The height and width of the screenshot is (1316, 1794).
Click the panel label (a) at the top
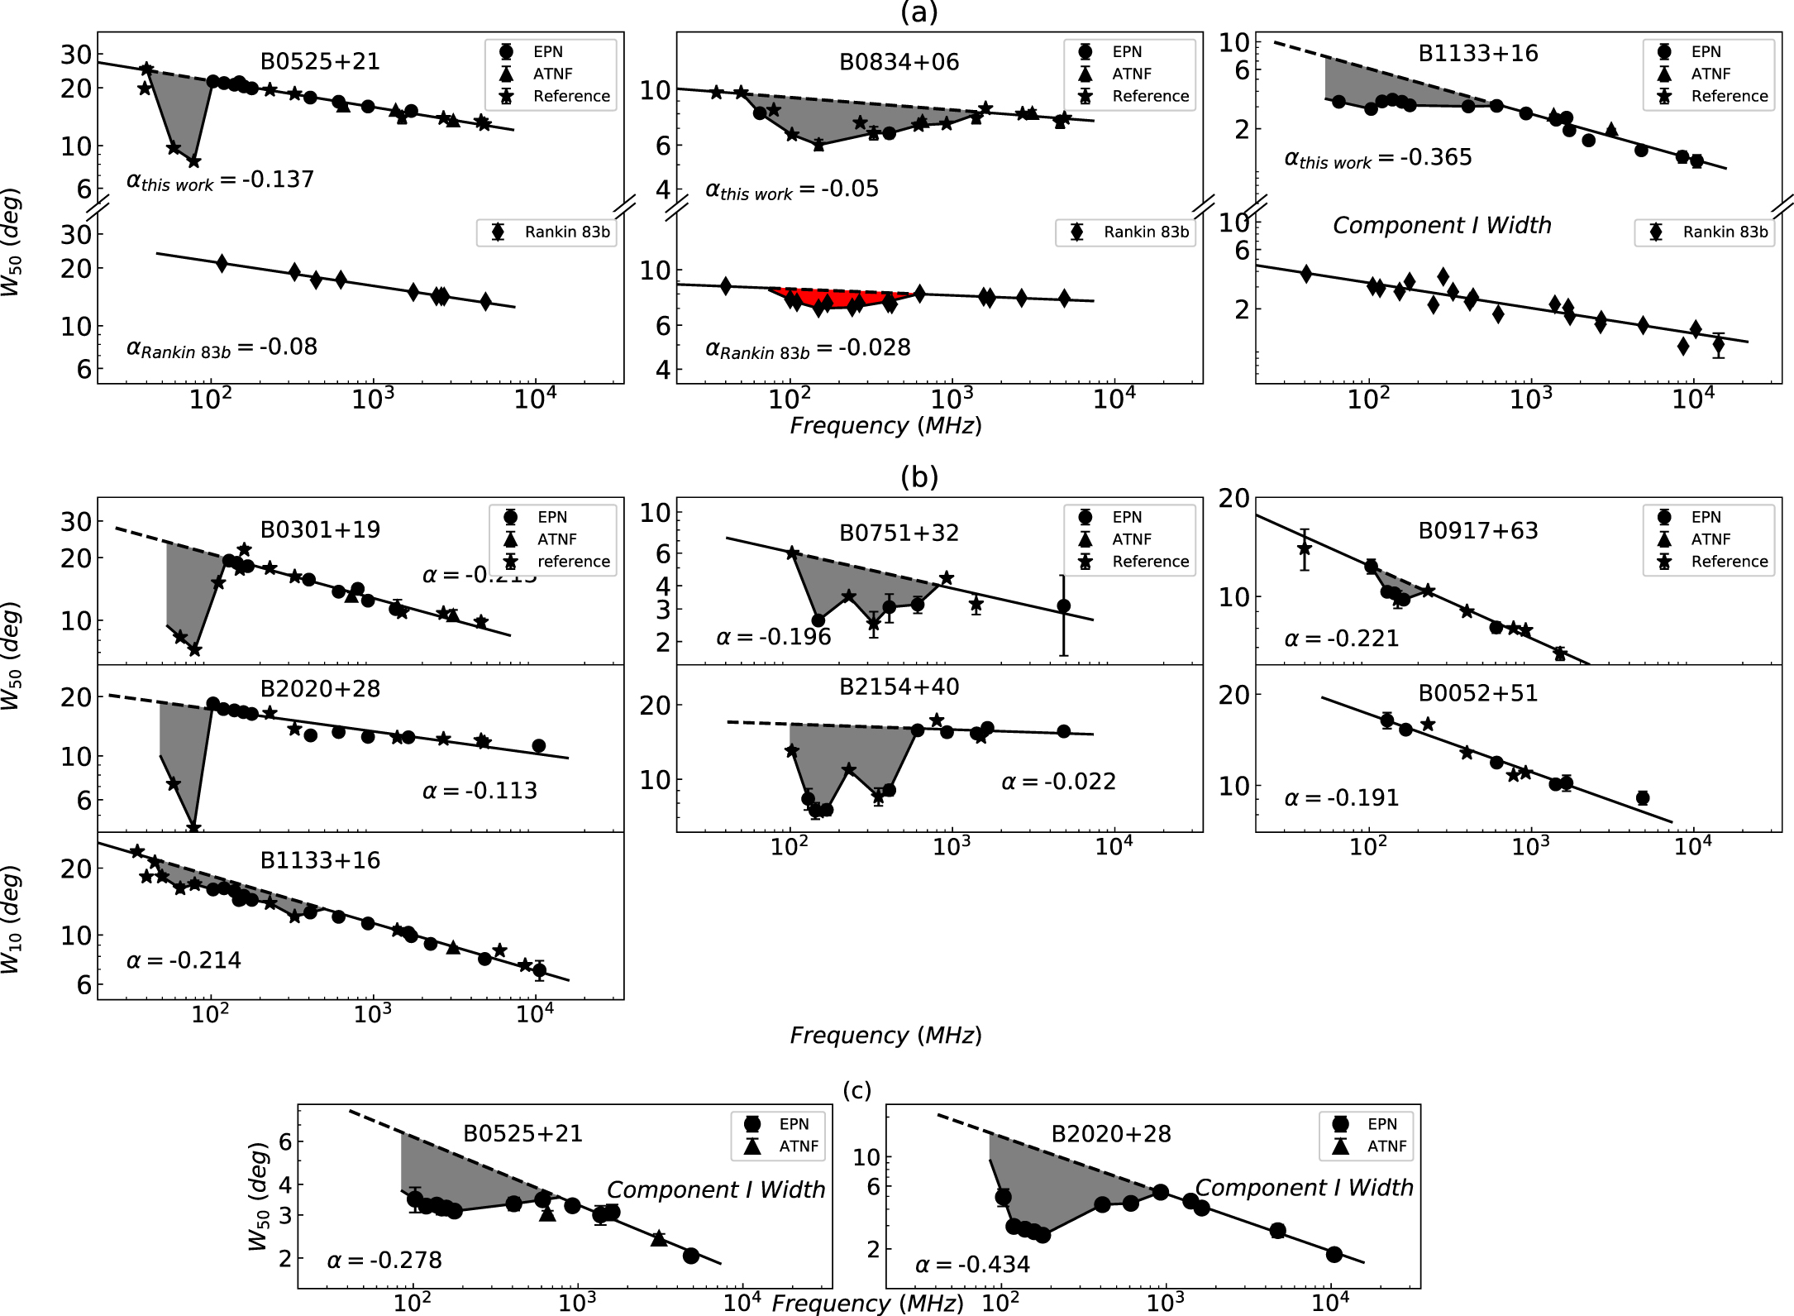click(x=918, y=12)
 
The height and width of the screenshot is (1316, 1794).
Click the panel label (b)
click(x=918, y=477)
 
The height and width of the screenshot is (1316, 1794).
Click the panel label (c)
click(x=856, y=1091)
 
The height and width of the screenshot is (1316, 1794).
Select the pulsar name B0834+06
click(x=899, y=62)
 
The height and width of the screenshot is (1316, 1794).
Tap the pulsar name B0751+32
click(x=899, y=533)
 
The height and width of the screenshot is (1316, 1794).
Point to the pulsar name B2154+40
click(x=899, y=687)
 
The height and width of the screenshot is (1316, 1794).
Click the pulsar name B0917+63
click(x=1477, y=530)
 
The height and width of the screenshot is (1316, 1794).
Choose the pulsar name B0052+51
click(x=1477, y=693)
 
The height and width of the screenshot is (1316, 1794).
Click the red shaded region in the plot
click(x=843, y=299)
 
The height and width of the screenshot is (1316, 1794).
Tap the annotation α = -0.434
click(x=972, y=1265)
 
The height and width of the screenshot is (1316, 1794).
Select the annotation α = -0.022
click(x=1058, y=782)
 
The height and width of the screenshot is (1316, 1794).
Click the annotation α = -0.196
click(x=773, y=637)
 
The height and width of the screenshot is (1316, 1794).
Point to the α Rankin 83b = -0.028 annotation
click(x=807, y=348)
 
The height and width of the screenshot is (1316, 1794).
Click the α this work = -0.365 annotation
click(x=1377, y=158)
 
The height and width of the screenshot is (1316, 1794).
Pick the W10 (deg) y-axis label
click(x=11, y=919)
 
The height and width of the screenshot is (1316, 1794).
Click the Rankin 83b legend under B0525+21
click(x=546, y=232)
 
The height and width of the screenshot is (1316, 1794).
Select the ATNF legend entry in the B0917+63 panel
click(x=1710, y=539)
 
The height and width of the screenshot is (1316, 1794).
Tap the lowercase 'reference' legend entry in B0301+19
click(x=573, y=562)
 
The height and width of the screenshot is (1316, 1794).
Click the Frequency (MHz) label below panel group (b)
click(x=885, y=1036)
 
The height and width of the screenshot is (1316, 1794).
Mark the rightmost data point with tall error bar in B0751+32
click(x=1064, y=606)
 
